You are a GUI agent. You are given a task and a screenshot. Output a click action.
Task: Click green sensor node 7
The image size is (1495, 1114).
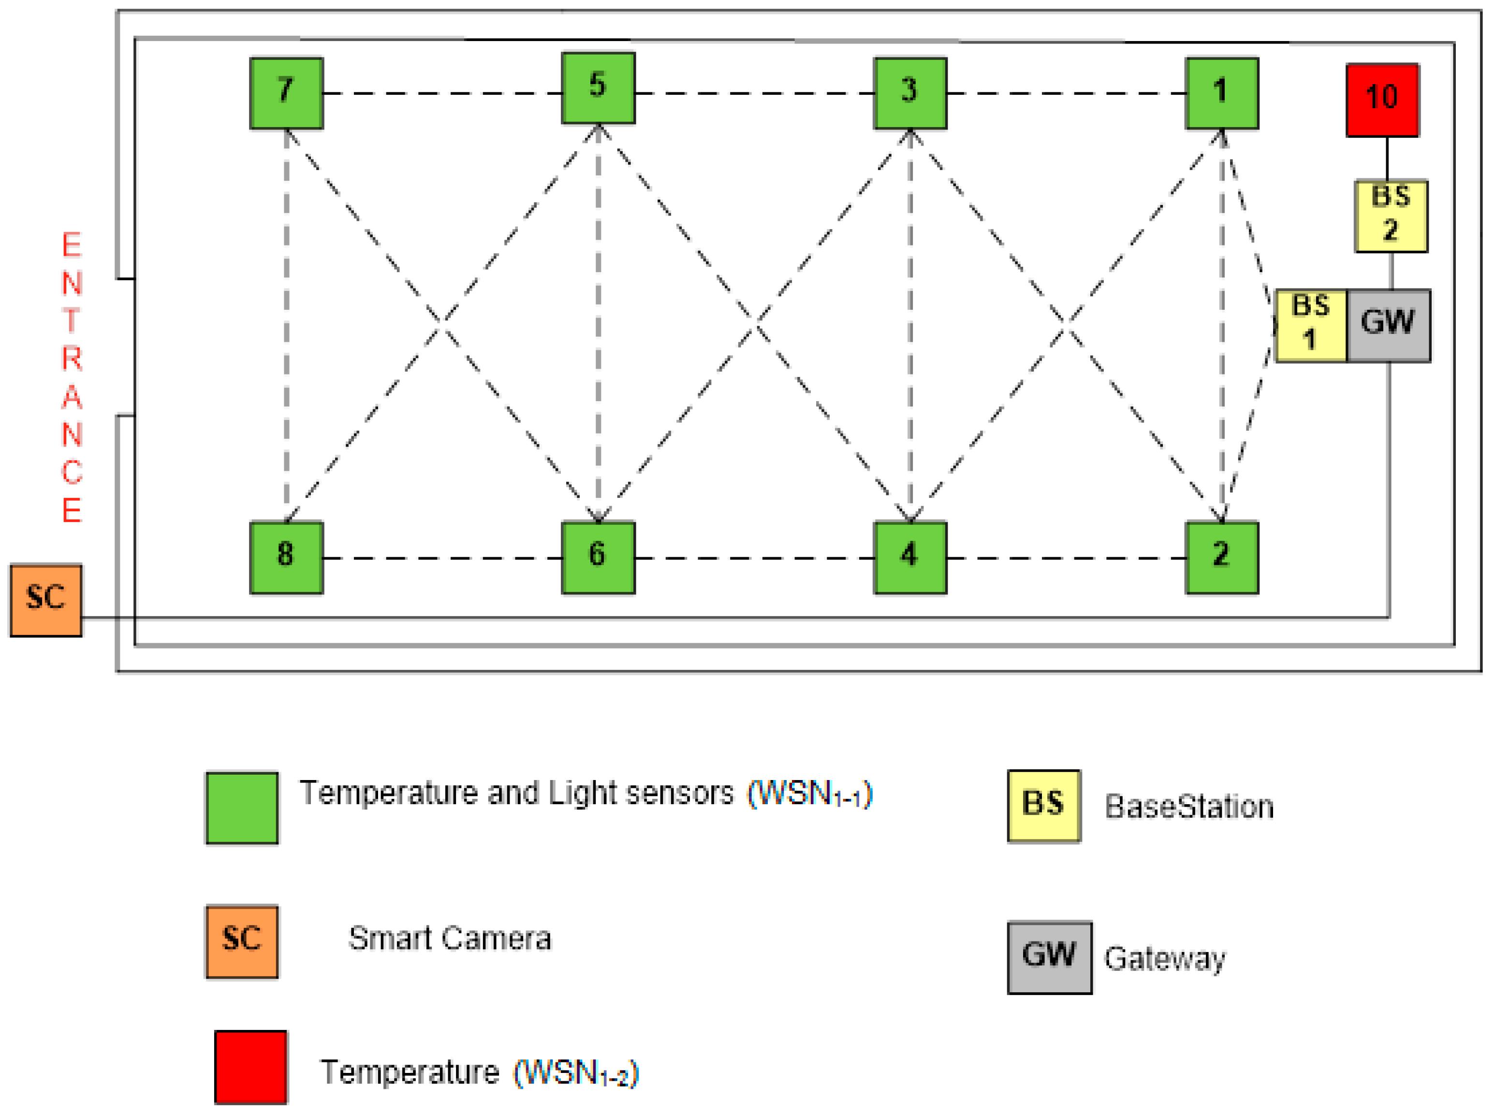click(x=286, y=93)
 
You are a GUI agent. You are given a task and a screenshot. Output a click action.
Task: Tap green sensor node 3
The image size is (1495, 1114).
click(x=909, y=93)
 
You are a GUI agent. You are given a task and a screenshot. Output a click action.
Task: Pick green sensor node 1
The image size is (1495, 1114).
click(x=1221, y=93)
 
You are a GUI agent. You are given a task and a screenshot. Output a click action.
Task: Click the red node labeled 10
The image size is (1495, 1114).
click(x=1382, y=100)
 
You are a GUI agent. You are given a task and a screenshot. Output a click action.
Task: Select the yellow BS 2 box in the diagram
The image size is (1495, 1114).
click(x=1391, y=216)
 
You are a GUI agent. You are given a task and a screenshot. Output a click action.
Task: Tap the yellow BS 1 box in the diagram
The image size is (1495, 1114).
click(x=1311, y=326)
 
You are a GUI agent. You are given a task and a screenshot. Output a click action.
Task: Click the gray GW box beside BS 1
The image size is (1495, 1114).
click(x=1388, y=326)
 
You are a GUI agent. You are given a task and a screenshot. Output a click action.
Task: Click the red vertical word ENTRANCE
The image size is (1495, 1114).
click(x=72, y=377)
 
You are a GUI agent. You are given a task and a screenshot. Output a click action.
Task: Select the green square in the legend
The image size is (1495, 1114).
click(x=242, y=807)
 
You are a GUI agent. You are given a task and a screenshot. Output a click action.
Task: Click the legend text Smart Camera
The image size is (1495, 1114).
click(x=449, y=939)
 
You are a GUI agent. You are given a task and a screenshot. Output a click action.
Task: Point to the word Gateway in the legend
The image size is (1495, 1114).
click(x=1164, y=958)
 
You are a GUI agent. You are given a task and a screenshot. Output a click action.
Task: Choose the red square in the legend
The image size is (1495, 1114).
click(x=250, y=1066)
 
